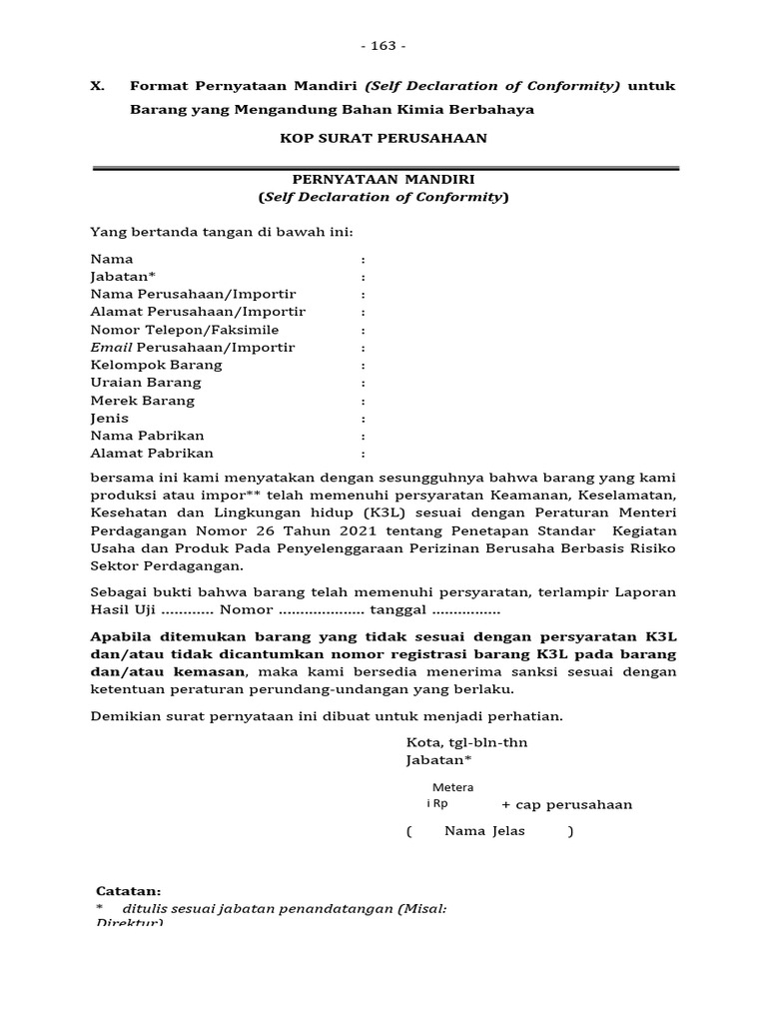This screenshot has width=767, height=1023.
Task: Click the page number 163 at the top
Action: tap(383, 46)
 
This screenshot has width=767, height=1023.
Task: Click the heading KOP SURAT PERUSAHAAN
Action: tap(383, 138)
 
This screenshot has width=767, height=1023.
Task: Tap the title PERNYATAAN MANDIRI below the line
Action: tap(383, 179)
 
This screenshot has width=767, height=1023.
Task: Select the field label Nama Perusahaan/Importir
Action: tap(193, 295)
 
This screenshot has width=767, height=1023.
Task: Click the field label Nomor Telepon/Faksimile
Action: tap(185, 330)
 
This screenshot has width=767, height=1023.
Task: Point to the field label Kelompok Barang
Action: tap(156, 365)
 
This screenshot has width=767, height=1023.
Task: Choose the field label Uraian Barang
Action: tap(146, 383)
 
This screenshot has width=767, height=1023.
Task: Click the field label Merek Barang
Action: tap(143, 401)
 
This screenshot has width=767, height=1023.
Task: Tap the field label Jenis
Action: tap(110, 419)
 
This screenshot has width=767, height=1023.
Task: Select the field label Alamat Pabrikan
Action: tap(152, 454)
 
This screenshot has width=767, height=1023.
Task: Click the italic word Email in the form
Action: tap(111, 348)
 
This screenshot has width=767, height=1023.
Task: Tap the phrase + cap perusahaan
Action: tap(566, 805)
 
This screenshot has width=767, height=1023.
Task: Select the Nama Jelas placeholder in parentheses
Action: tap(490, 831)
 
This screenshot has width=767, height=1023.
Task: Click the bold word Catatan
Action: tap(127, 891)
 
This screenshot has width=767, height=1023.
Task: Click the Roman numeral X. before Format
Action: tap(98, 86)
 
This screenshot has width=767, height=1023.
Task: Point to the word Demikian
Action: tap(124, 715)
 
